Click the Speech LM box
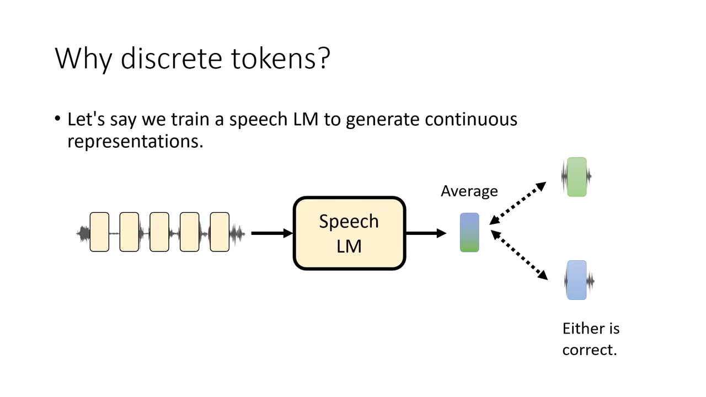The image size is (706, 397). coord(349,233)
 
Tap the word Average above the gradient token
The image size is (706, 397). coord(469,191)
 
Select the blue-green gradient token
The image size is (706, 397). coord(469,233)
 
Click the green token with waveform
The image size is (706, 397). coord(576,177)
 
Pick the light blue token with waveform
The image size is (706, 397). coord(576,280)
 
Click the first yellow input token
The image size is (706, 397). coord(99,232)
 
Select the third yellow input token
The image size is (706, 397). coord(159,232)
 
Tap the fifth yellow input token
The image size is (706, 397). coord(220,232)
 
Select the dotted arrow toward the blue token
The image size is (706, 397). coord(518,255)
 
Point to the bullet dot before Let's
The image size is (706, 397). coord(58,119)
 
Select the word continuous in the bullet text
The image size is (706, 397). coord(471,119)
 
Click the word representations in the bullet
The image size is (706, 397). coord(135,141)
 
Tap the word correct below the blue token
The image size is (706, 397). coord(589,350)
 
